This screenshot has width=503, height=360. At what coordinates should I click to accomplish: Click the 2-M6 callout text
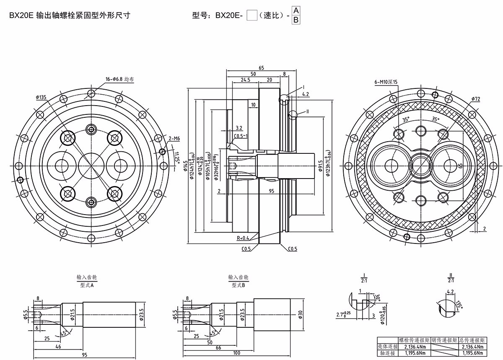tap(174, 138)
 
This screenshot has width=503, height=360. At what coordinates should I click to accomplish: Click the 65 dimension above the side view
tap(261, 67)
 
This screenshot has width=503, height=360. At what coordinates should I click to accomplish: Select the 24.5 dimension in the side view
tap(246, 79)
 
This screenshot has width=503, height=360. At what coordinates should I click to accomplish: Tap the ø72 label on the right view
tap(475, 98)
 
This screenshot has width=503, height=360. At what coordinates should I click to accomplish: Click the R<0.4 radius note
tap(243, 238)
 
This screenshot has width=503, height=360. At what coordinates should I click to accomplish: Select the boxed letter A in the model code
tap(296, 10)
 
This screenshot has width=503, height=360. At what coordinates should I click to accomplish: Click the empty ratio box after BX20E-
tap(252, 16)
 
